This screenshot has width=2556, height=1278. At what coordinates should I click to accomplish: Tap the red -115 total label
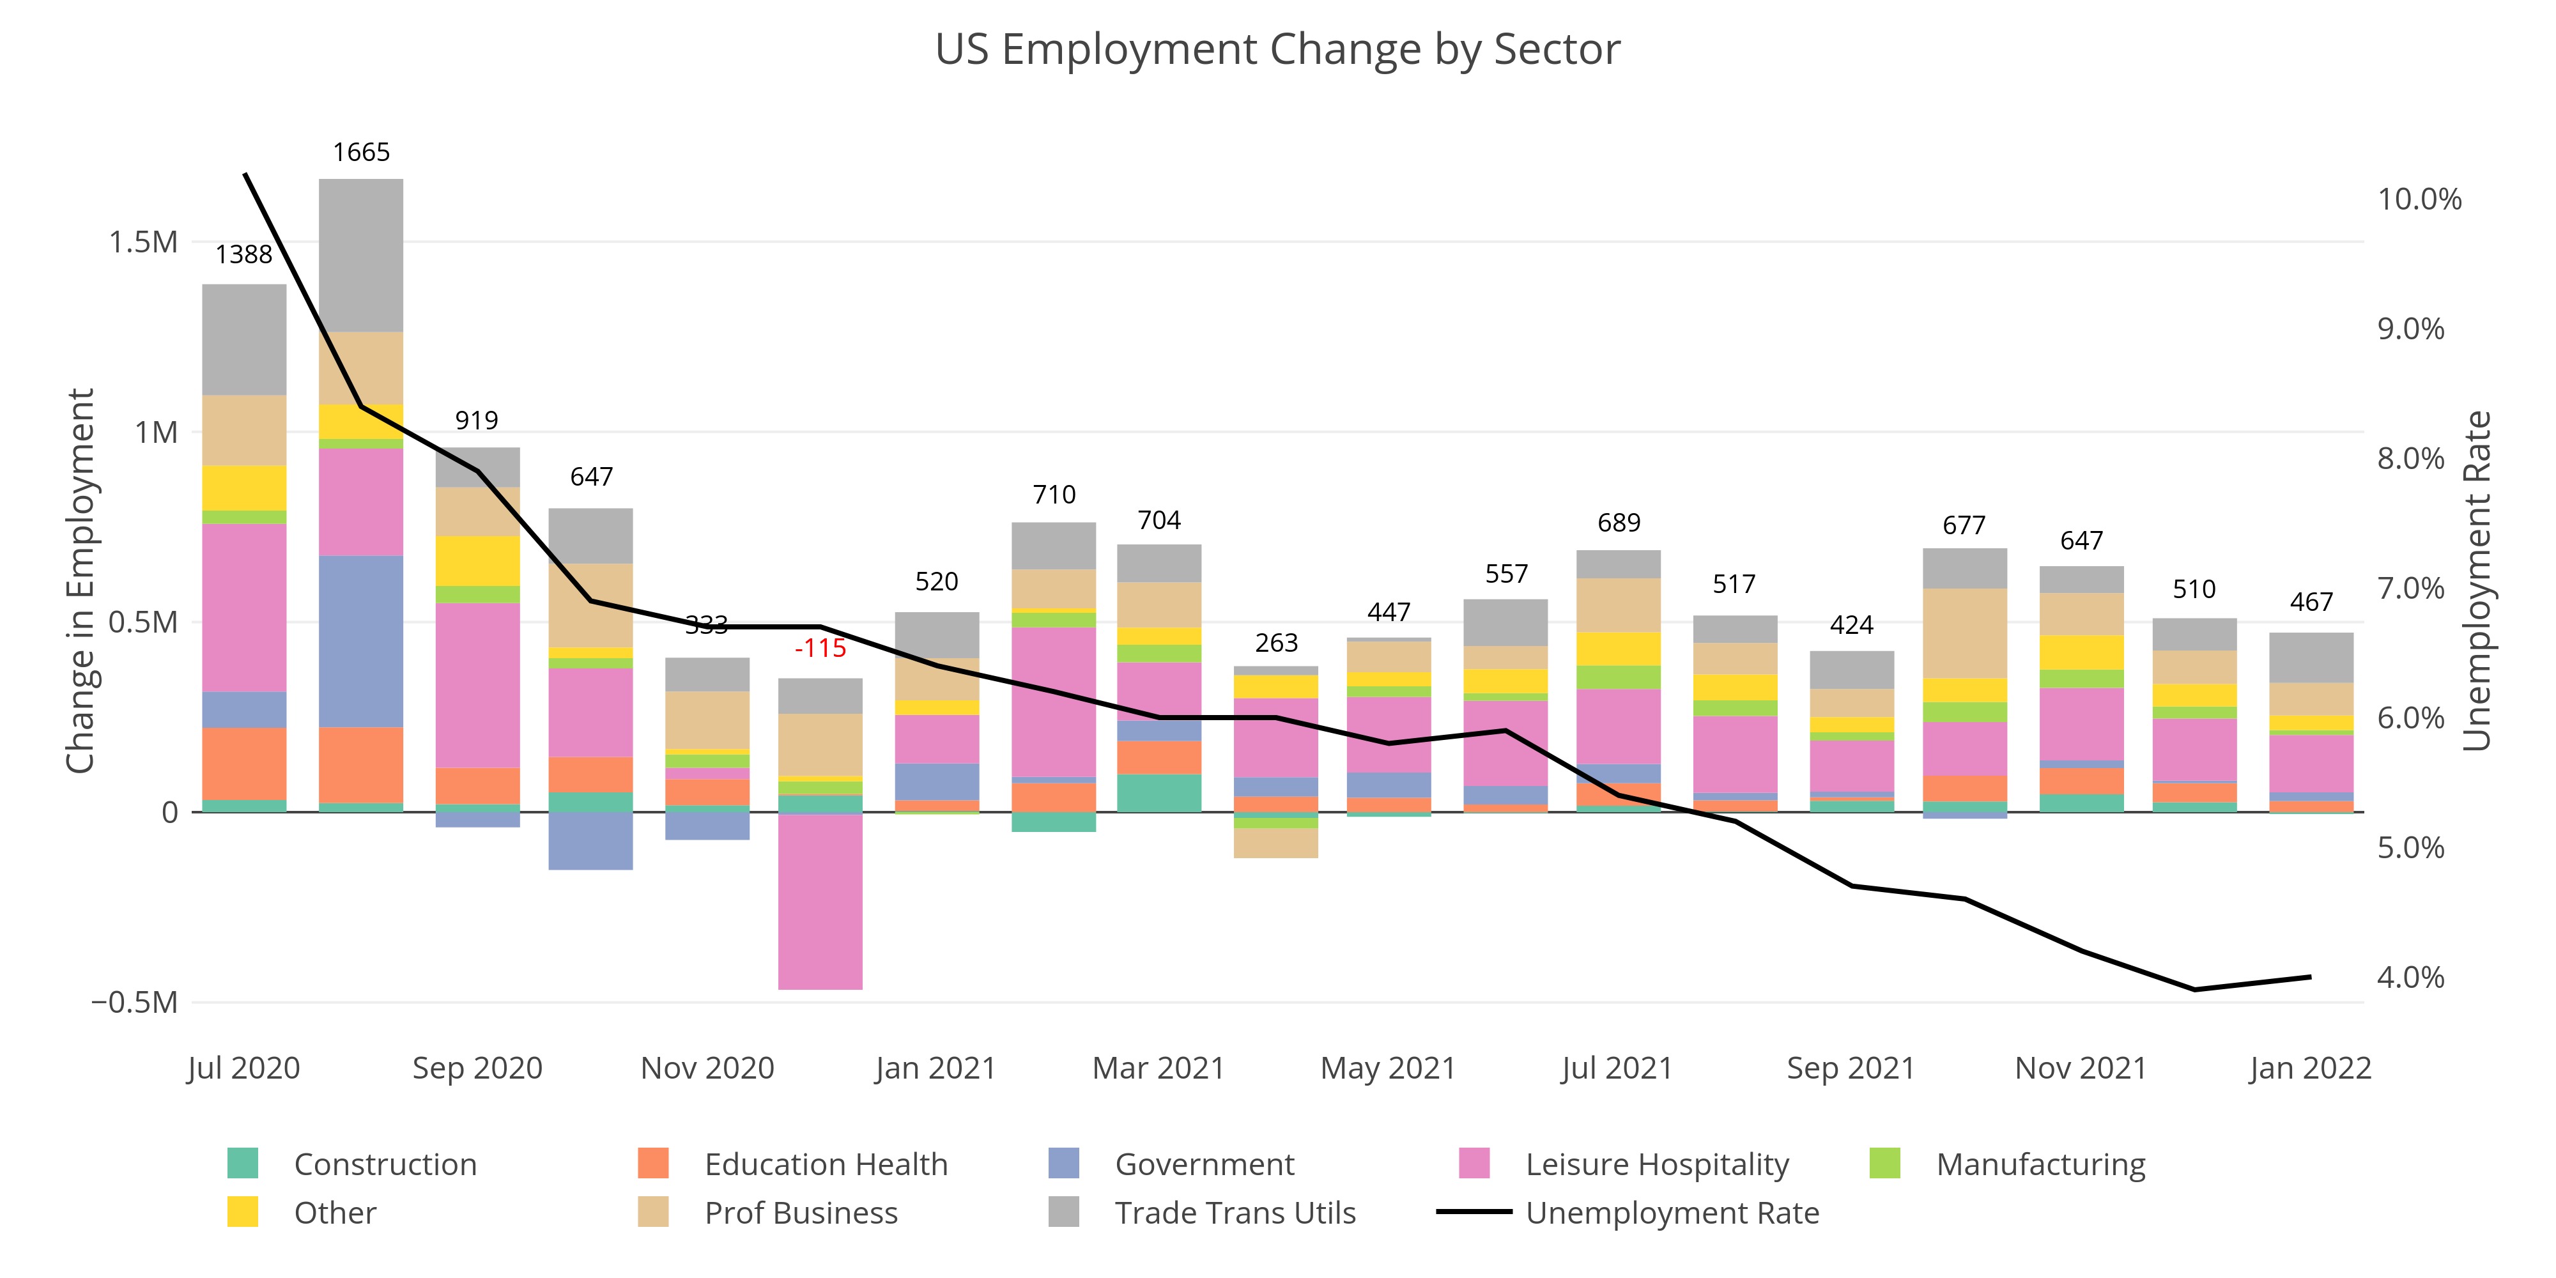pyautogui.click(x=820, y=649)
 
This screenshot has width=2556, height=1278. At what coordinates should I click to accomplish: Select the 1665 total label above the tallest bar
pyautogui.click(x=361, y=153)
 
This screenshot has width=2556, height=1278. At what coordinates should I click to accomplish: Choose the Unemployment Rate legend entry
pyautogui.click(x=1672, y=1213)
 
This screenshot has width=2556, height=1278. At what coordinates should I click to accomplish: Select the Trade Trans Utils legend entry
pyautogui.click(x=1235, y=1213)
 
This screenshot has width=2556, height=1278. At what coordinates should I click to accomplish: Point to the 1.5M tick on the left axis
pyautogui.click(x=143, y=242)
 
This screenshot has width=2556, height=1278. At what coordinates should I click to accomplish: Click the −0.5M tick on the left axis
pyautogui.click(x=135, y=1002)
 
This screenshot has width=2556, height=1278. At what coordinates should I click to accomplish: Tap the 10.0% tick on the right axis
pyautogui.click(x=2419, y=199)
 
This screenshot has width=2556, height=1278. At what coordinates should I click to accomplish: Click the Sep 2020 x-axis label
pyautogui.click(x=477, y=1068)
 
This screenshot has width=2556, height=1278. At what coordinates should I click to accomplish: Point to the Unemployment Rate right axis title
pyautogui.click(x=2477, y=580)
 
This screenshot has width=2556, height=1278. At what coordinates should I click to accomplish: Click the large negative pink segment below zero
pyautogui.click(x=820, y=901)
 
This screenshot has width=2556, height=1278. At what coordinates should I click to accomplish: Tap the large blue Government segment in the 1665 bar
pyautogui.click(x=361, y=641)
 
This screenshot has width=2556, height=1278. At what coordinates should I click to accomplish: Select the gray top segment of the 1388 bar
pyautogui.click(x=244, y=339)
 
